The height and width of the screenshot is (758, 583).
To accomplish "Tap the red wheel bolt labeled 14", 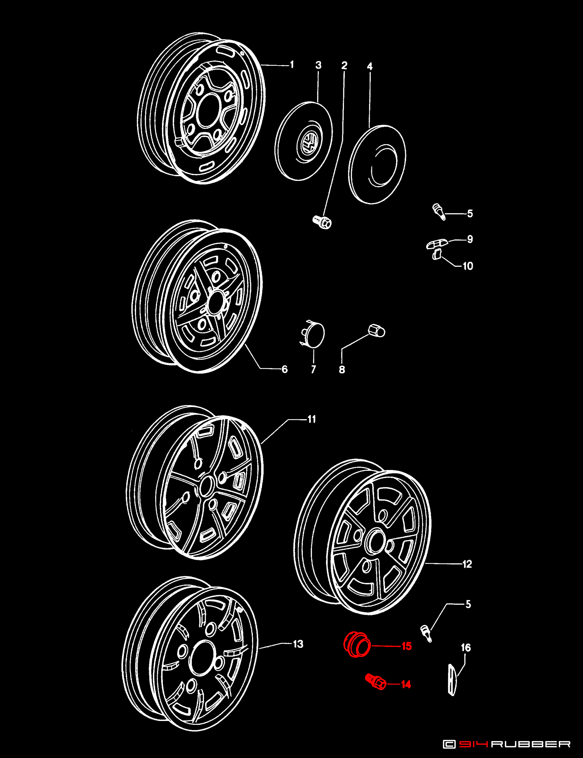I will pyautogui.click(x=375, y=682).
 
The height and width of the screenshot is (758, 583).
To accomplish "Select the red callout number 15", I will pyautogui.click(x=406, y=646).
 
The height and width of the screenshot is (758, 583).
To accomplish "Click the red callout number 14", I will pyautogui.click(x=406, y=684).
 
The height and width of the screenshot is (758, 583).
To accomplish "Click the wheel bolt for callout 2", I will pyautogui.click(x=322, y=222).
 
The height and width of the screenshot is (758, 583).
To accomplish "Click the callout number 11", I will pyautogui.click(x=311, y=419).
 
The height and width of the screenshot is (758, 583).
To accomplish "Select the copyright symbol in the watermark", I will pyautogui.click(x=449, y=744).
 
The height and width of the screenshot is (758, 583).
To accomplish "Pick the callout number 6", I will pyautogui.click(x=285, y=369).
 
